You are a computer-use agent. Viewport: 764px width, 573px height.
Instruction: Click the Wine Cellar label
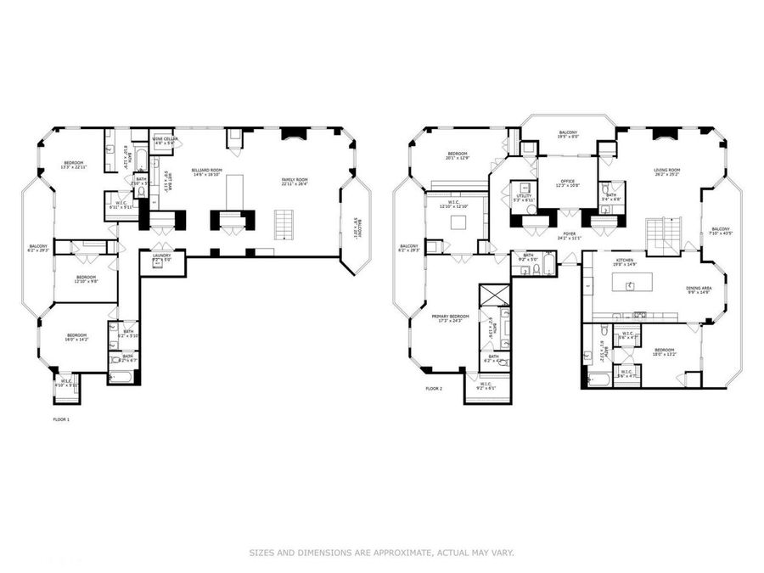click(164, 140)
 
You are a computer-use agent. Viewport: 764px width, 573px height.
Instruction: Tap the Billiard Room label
click(206, 172)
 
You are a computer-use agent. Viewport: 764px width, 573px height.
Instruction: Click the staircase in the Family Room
click(283, 224)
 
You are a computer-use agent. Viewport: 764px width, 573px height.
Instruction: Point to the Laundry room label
click(162, 256)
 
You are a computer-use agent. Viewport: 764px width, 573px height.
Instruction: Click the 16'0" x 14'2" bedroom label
click(77, 338)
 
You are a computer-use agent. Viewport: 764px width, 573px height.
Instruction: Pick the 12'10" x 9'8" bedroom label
click(86, 279)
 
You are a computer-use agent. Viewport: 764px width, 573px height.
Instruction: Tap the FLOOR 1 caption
click(62, 419)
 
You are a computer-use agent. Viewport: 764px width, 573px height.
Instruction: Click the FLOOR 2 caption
click(434, 390)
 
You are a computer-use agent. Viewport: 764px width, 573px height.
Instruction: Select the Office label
click(567, 183)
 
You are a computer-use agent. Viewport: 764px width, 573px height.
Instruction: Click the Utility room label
click(524, 197)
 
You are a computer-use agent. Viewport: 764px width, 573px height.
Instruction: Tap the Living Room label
click(667, 172)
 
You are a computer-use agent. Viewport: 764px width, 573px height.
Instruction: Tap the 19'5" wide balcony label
click(568, 134)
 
